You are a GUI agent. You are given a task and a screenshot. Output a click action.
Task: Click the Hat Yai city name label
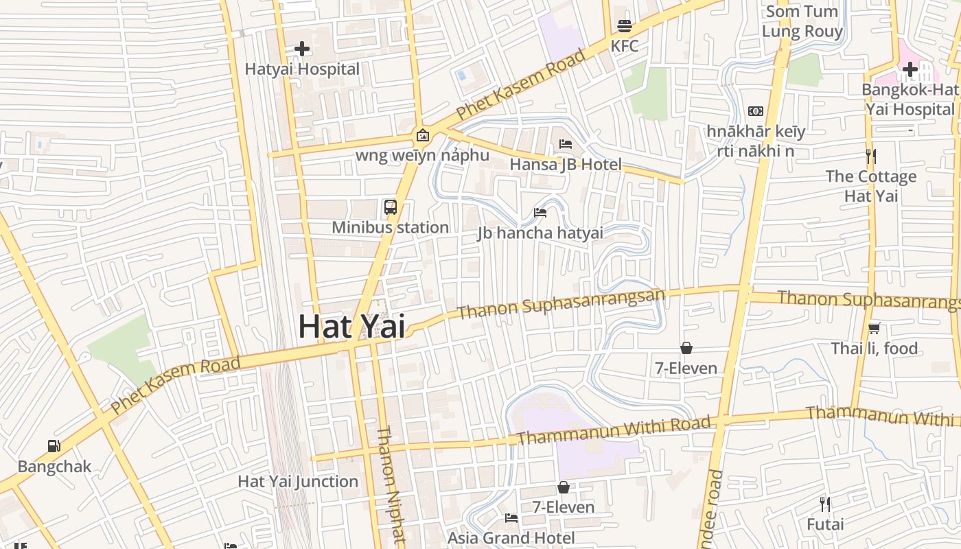351,326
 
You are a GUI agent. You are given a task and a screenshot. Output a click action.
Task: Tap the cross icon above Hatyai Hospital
301,49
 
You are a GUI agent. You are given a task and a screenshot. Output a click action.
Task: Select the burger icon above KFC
624,26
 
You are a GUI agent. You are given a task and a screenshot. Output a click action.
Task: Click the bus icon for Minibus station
390,207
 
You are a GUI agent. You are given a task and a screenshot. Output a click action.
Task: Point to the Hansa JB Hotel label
565,165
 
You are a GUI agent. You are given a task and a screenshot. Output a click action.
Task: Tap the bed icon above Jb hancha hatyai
540,212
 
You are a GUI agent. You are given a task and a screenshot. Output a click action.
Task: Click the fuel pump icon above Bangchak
54,446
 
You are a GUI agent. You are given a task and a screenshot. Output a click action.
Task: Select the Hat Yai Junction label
298,482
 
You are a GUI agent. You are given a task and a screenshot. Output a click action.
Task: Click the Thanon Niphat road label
388,484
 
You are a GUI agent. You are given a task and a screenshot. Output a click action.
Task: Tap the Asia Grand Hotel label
511,537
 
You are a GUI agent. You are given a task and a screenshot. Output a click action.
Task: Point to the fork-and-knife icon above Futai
825,504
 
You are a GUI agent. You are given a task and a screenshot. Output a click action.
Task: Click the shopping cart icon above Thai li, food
874,328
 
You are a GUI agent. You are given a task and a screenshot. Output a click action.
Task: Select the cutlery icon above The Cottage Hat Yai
870,156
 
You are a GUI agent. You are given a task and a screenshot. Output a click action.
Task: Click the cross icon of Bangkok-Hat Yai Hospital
910,69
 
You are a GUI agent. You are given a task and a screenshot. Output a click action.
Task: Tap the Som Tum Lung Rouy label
802,21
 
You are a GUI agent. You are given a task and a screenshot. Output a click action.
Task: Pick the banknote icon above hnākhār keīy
756,111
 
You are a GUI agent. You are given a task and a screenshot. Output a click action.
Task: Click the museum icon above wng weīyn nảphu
422,135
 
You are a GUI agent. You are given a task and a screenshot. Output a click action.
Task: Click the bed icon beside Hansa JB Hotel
566,143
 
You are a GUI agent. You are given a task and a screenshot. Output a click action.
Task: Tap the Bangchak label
54,467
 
